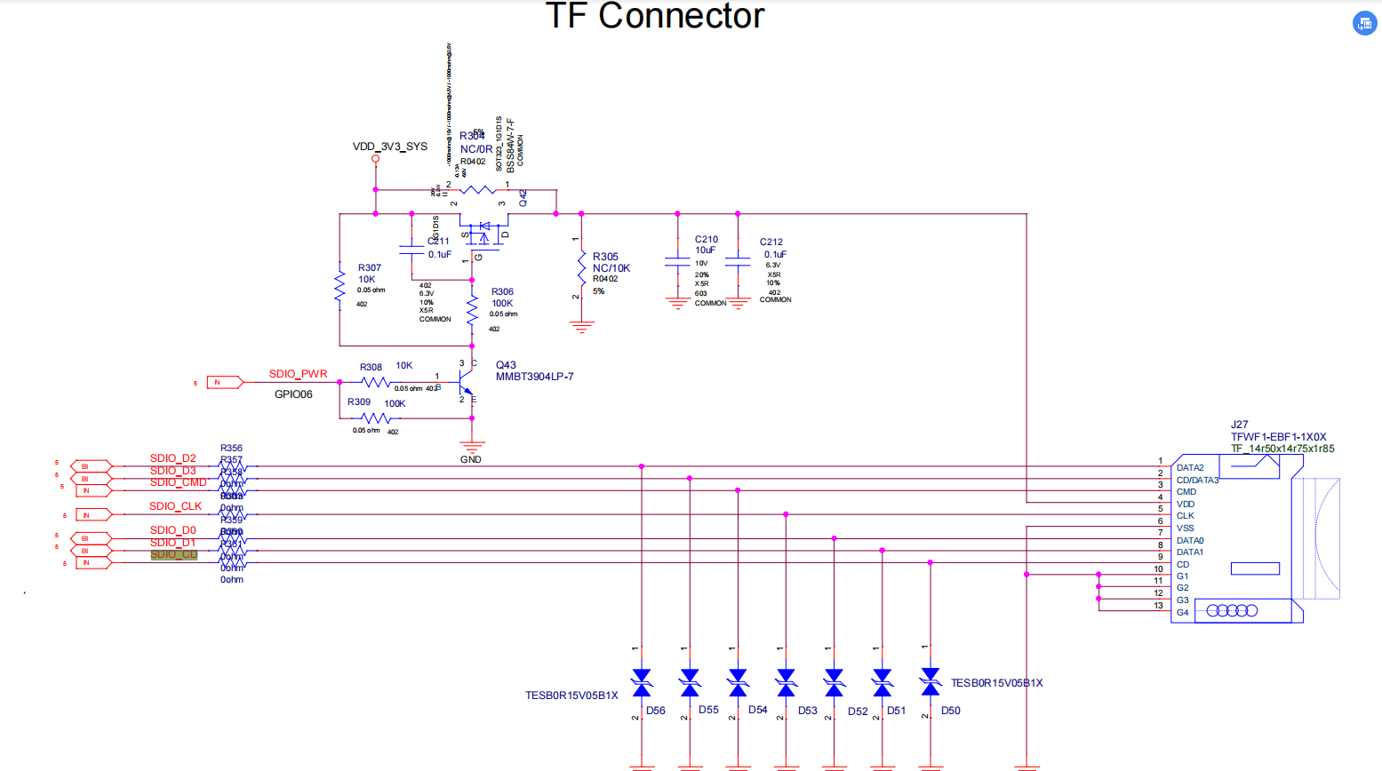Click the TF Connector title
654,16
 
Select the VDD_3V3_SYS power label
389,147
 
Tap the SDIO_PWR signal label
298,374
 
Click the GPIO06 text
293,394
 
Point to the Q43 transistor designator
506,365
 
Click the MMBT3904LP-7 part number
534,377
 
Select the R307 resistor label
370,267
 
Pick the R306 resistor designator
502,291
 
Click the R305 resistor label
605,257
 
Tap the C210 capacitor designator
707,239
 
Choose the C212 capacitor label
771,242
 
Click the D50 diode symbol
931,682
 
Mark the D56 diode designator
656,711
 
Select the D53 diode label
807,711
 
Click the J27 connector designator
1239,425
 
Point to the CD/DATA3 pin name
1197,480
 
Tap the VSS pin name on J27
1186,528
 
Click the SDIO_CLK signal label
175,506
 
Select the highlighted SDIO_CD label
174,555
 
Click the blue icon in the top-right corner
1364,24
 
